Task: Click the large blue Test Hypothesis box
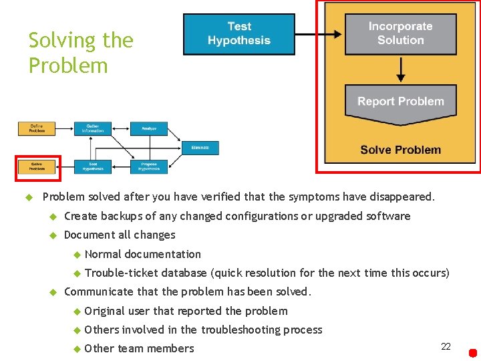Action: point(238,33)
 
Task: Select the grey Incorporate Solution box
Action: point(400,33)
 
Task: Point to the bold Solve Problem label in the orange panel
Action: point(400,150)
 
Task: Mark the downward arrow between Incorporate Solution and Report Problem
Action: point(400,69)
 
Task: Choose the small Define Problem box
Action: point(37,128)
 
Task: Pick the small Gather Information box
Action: point(93,128)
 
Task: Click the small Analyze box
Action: point(149,128)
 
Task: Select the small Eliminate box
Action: point(200,148)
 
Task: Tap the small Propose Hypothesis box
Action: point(149,166)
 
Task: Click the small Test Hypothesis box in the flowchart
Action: point(93,166)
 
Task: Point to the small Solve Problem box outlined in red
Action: point(37,166)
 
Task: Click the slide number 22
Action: point(446,346)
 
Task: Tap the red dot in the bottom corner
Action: point(472,352)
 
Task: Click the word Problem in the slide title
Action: point(67,66)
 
